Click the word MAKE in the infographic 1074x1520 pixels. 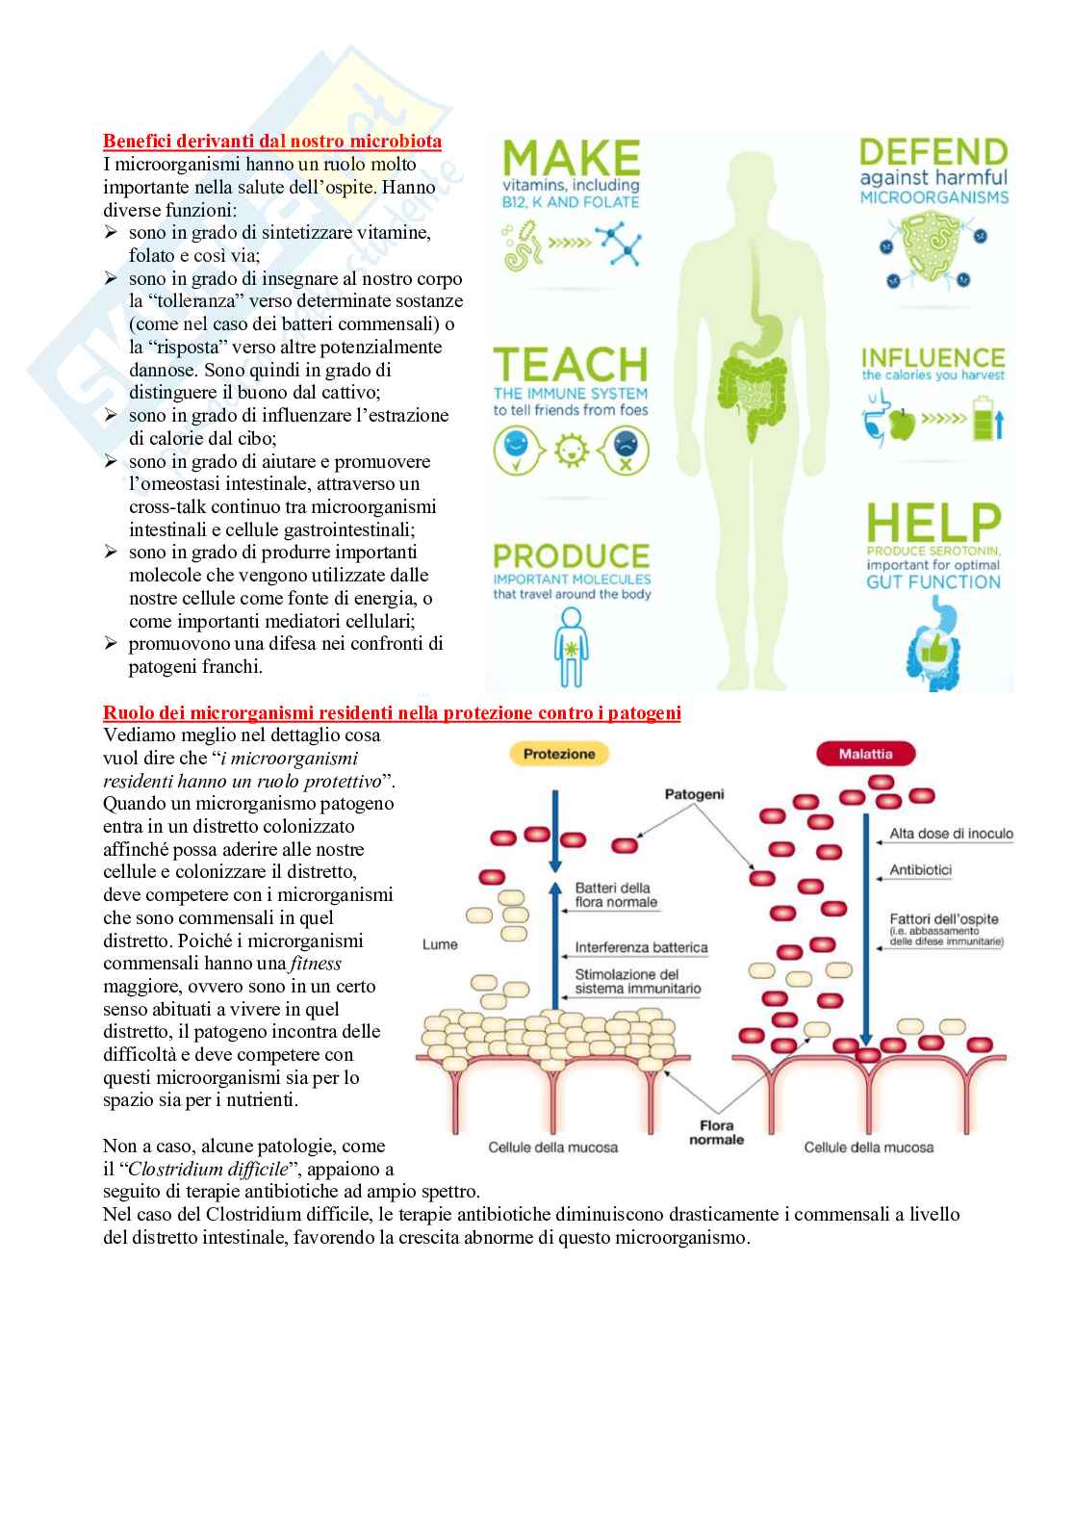pos(571,159)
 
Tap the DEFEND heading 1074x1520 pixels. pos(933,152)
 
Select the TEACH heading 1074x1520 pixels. pos(571,365)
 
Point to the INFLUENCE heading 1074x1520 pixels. pos(933,358)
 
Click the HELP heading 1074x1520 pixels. pos(933,523)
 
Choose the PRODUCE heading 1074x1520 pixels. pos(571,556)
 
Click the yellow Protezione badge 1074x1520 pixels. pos(559,755)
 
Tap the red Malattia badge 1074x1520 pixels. pos(865,755)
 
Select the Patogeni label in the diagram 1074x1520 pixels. pos(694,794)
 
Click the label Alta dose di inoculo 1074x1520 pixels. pos(951,834)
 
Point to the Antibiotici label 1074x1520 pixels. pos(920,870)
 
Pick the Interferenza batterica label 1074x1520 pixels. pos(641,947)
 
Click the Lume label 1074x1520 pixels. pos(440,944)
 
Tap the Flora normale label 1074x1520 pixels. pos(716,1132)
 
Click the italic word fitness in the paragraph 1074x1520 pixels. pos(316,964)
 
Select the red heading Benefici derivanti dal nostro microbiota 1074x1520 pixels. pos(272,142)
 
